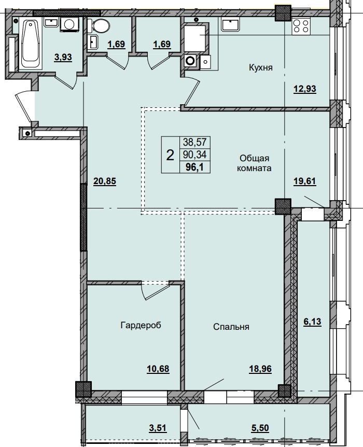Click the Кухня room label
coord(260,67)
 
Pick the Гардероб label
coord(141,326)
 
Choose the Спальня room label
coord(231,327)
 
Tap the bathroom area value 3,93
coord(64,58)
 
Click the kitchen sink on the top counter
coord(229,24)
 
